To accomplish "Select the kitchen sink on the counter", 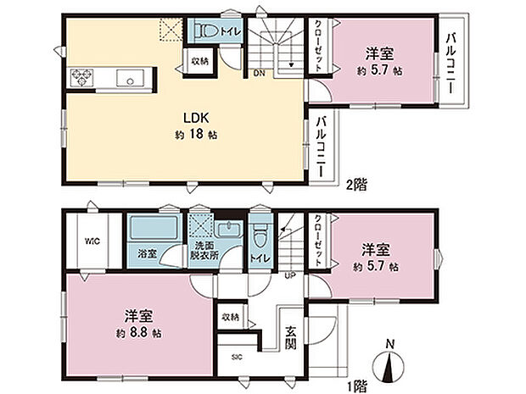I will tap(131, 80).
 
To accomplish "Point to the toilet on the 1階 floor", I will tap(260, 230).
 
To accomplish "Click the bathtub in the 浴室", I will tap(153, 230).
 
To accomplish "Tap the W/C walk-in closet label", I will tap(92, 240).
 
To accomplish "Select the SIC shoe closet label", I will tap(237, 357).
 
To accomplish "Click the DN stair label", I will tap(258, 73).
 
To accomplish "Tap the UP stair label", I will tap(289, 275).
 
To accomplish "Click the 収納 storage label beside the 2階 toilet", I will tap(200, 60).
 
